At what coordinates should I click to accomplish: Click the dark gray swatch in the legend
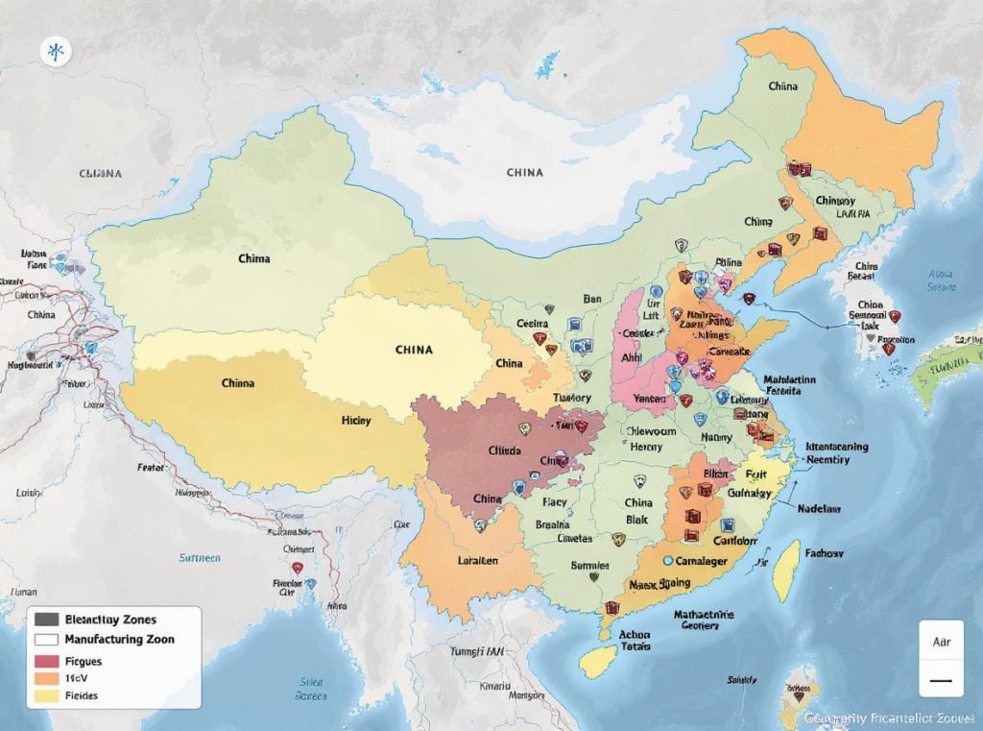coord(47,620)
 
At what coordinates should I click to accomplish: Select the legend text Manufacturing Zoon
coord(119,639)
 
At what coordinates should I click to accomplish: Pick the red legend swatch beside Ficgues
coord(47,661)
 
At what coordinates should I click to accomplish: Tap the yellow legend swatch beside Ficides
coord(47,695)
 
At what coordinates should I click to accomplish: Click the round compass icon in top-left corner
coord(56,52)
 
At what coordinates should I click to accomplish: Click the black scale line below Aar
coord(941,680)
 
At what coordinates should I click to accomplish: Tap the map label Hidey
coord(357,421)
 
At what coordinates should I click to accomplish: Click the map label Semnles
coord(591,566)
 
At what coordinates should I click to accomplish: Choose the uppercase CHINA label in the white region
coord(524,173)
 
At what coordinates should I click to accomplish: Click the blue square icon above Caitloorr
coord(727,524)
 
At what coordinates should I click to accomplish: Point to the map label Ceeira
coord(532,324)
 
